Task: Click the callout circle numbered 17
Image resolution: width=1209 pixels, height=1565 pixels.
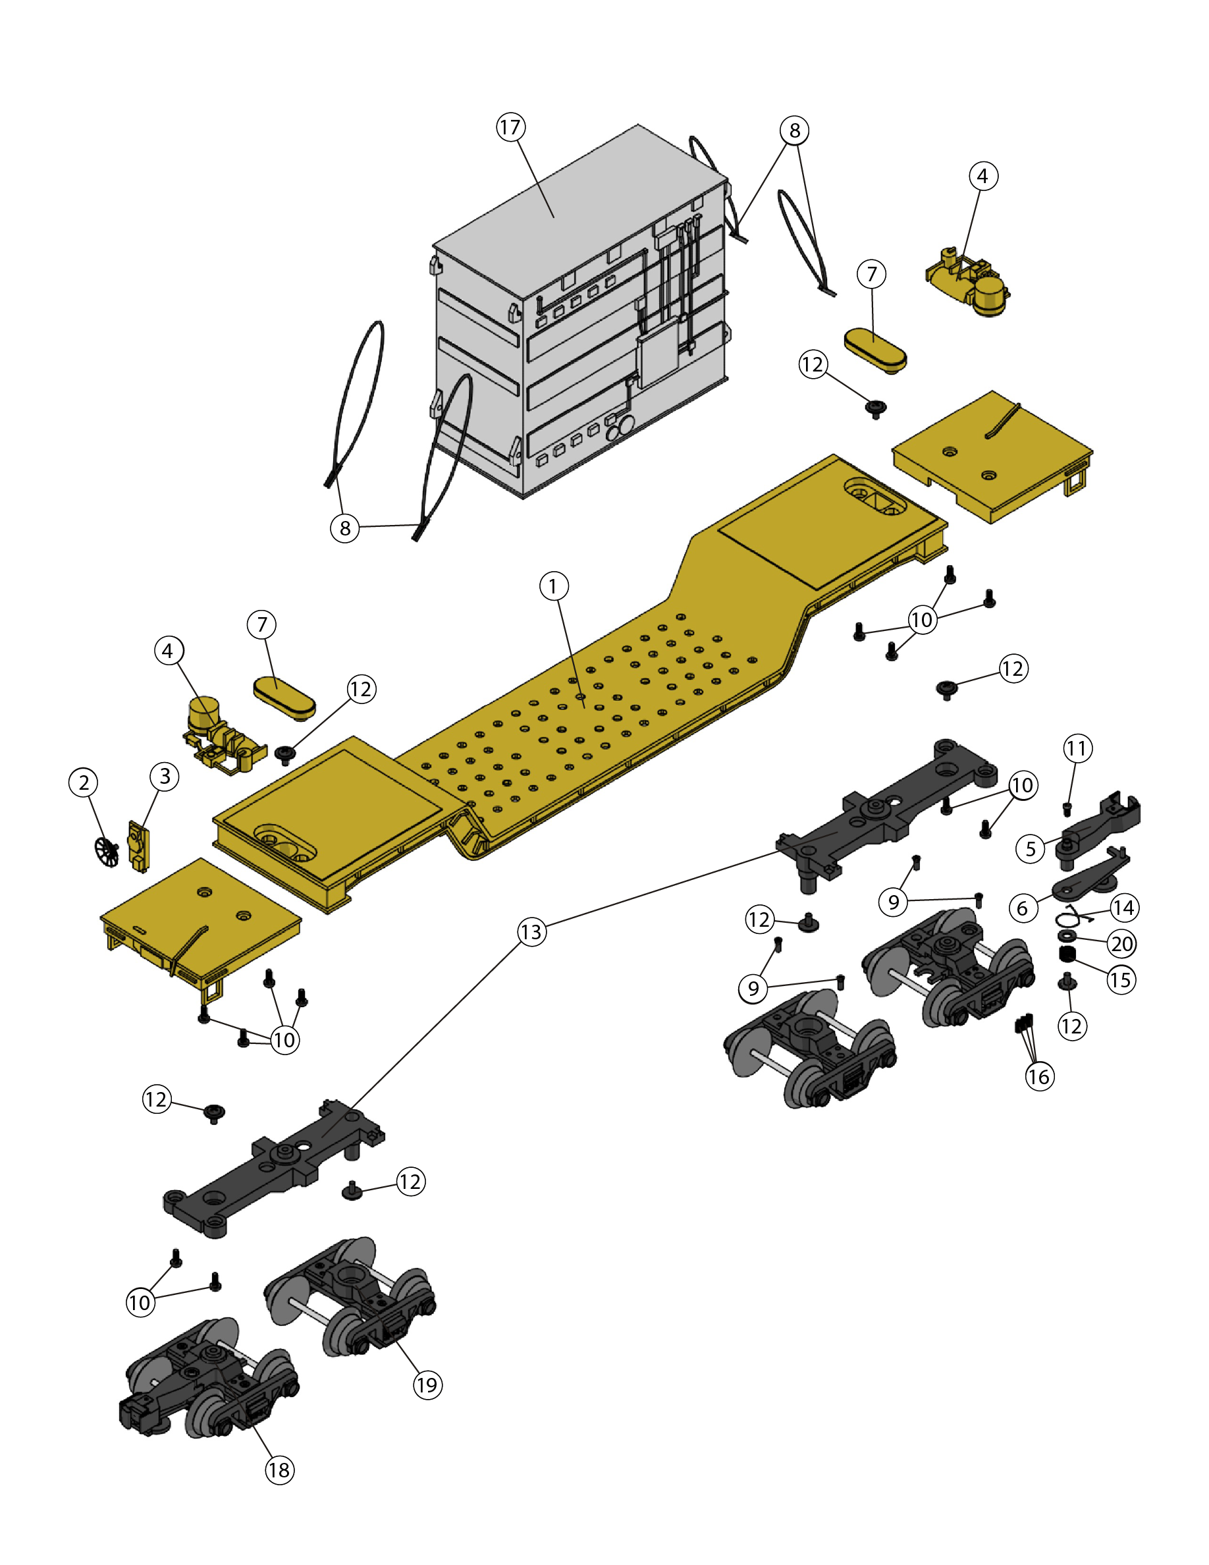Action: pyautogui.click(x=510, y=128)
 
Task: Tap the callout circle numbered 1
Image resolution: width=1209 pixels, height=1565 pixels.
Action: pyautogui.click(x=554, y=586)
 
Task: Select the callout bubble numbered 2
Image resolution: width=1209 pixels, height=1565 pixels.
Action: pyautogui.click(x=84, y=782)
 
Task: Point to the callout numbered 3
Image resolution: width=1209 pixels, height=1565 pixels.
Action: pyautogui.click(x=165, y=776)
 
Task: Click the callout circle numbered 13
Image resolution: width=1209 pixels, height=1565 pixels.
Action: pyautogui.click(x=531, y=932)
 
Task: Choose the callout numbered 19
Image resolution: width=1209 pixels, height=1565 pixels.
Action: pyautogui.click(x=427, y=1385)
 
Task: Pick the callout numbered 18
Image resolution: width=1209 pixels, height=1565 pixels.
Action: pyautogui.click(x=279, y=1470)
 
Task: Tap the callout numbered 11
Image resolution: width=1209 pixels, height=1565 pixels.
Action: pyautogui.click(x=1077, y=749)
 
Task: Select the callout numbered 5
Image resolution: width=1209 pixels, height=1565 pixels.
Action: pyautogui.click(x=1031, y=848)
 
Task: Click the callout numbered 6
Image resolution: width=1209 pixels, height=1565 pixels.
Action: pyautogui.click(x=1023, y=908)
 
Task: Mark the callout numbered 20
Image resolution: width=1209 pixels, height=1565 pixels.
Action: pyautogui.click(x=1122, y=944)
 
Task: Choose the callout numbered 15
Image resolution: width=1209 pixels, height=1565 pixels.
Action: pyautogui.click(x=1121, y=979)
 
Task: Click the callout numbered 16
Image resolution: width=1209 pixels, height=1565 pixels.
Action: pyautogui.click(x=1039, y=1076)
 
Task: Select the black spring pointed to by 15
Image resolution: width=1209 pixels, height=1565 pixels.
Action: pyautogui.click(x=1068, y=954)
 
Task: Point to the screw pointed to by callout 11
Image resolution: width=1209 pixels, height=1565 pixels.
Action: pyautogui.click(x=1067, y=809)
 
